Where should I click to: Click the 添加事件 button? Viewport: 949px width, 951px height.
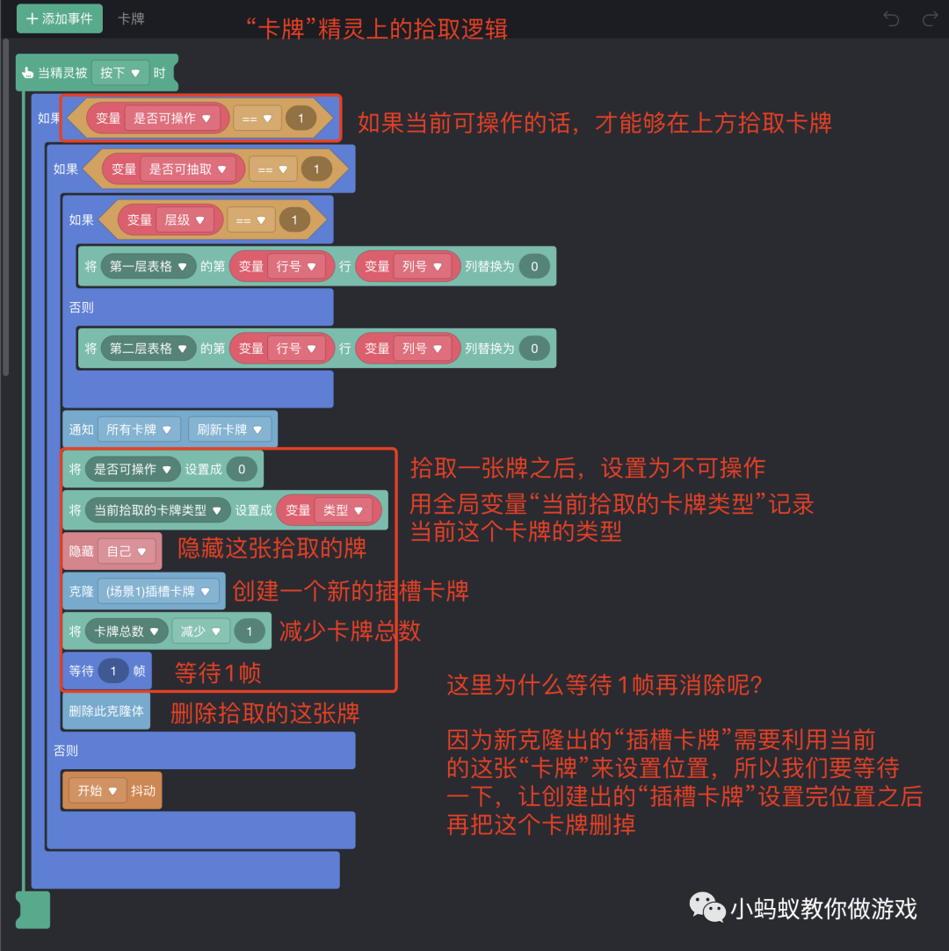click(x=60, y=18)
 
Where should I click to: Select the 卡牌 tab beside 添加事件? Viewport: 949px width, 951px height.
click(x=131, y=18)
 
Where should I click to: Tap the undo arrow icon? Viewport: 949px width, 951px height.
click(x=891, y=18)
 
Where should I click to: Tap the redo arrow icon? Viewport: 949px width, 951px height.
click(x=930, y=18)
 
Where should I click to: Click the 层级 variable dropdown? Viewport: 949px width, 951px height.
click(x=185, y=220)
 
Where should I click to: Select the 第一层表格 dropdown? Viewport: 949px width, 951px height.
click(x=148, y=266)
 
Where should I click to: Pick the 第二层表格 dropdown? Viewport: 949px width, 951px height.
click(x=148, y=349)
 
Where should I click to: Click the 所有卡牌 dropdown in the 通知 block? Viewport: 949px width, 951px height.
click(x=139, y=429)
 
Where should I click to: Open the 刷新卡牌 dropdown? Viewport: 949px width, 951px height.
click(x=229, y=429)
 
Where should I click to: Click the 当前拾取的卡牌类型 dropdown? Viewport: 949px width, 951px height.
click(x=158, y=510)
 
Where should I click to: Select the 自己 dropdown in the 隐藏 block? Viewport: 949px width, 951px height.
click(x=127, y=551)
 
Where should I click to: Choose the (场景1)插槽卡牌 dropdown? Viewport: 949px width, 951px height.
click(x=158, y=591)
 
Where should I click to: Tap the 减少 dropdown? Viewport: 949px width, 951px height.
click(x=200, y=631)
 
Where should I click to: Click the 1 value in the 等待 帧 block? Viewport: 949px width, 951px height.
click(x=113, y=671)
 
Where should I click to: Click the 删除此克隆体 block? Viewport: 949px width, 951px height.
click(x=106, y=710)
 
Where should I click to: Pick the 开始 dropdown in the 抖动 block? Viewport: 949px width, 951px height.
click(x=98, y=790)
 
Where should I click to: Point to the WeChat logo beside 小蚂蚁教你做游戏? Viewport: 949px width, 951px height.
click(x=706, y=908)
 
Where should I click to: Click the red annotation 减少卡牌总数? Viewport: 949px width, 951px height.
click(x=350, y=630)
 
